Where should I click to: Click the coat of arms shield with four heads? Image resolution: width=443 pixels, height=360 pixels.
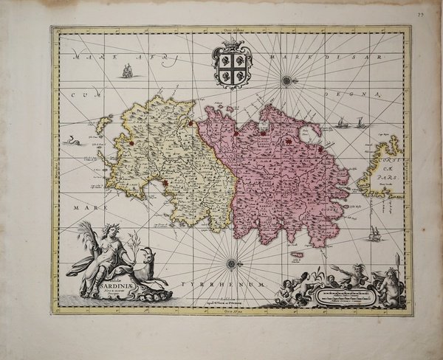pos(232,66)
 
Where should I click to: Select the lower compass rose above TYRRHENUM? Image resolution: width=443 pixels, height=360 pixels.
pos(232,263)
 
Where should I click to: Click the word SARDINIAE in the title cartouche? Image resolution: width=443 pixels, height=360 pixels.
pos(110,288)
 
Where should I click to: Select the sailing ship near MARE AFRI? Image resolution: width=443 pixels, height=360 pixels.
pos(126,71)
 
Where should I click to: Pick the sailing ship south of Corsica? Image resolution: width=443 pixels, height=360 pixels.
pos(375,235)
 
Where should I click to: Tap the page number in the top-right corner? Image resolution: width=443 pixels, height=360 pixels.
pos(419,14)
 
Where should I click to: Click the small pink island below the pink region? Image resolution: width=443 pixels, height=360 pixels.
pos(298,255)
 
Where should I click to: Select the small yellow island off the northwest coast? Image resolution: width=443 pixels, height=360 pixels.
pos(104,125)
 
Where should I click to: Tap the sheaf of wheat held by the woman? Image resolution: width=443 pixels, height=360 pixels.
pos(86,235)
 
